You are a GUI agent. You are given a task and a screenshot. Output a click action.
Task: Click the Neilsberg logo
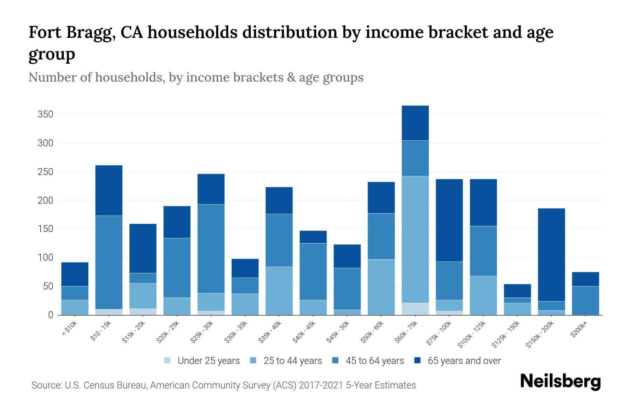[560, 381]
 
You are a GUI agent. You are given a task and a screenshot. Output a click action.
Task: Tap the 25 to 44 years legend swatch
[253, 360]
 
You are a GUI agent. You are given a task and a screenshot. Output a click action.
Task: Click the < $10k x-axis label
[69, 329]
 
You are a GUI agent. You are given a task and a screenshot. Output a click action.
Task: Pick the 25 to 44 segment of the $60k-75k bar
[415, 239]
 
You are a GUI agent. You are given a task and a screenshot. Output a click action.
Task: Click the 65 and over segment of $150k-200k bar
[551, 255]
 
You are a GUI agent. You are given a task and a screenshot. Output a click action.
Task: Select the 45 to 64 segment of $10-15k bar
[109, 262]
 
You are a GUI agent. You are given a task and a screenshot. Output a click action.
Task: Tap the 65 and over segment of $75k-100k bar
[449, 220]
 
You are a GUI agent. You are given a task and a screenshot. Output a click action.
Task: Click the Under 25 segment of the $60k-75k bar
[415, 309]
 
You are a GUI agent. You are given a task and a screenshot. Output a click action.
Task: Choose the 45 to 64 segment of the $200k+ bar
[585, 301]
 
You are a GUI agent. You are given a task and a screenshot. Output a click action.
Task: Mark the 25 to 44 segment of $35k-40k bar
[279, 291]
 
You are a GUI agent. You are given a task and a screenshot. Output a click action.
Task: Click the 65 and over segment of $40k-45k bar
[313, 237]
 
